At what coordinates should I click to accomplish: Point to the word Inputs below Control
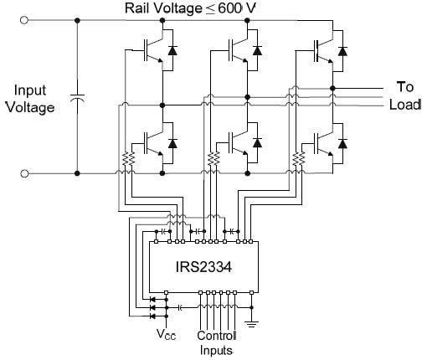(216, 350)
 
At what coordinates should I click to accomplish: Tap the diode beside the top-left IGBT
(172, 50)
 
